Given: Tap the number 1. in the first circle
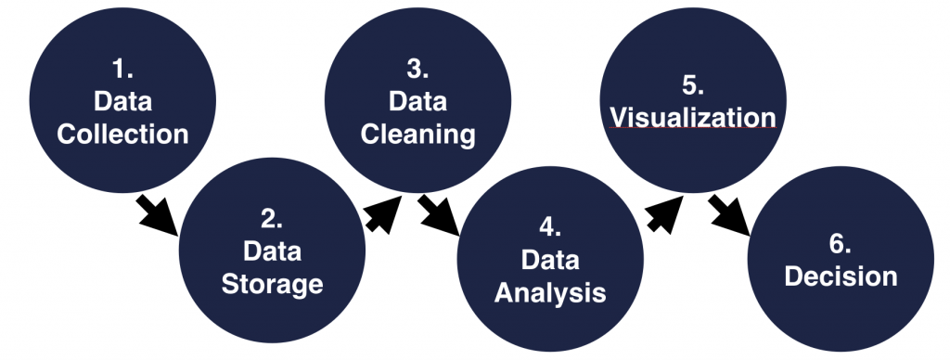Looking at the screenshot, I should pos(122,69).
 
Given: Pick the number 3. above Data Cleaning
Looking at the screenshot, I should pos(417,69).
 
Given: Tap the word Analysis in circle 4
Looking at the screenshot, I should pos(550,293).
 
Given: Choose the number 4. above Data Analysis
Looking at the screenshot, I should pos(550,229).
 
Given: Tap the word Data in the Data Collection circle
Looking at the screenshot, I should pos(122,101).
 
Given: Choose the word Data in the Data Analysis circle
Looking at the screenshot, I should pos(550,262).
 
